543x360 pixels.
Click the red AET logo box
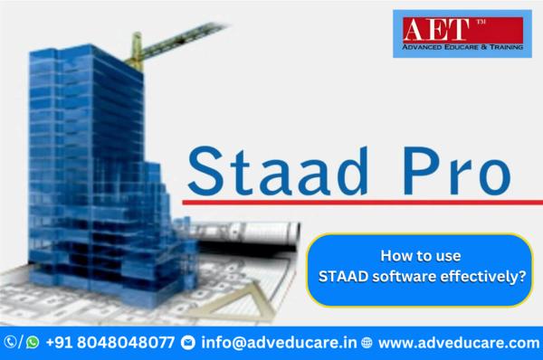pyautogui.click(x=450, y=30)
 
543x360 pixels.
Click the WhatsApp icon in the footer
pyautogui.click(x=33, y=343)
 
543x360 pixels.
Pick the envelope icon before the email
pyautogui.click(x=188, y=343)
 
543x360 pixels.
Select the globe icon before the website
pyautogui.click(x=367, y=343)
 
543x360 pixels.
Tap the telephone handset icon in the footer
pyautogui.click(x=11, y=343)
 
